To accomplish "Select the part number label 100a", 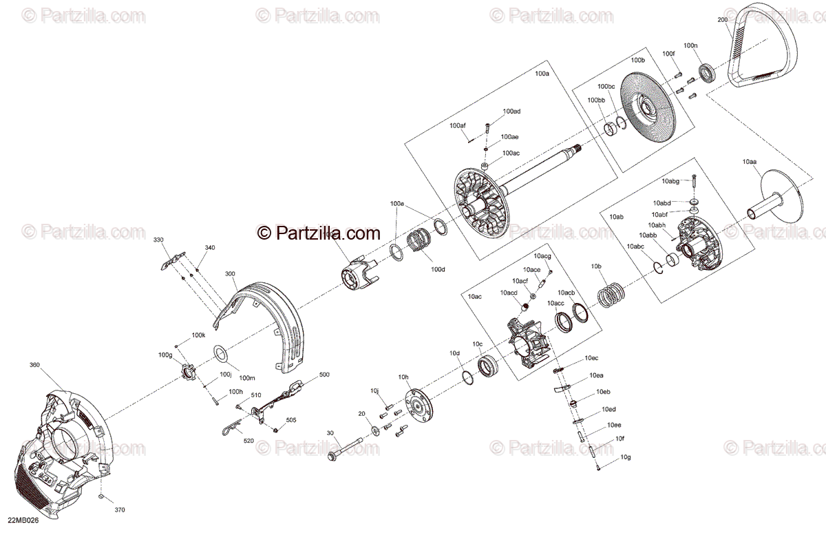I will (x=542, y=73).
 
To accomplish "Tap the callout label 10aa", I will (x=750, y=161).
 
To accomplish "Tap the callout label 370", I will (x=120, y=510).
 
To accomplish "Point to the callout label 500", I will (x=324, y=375).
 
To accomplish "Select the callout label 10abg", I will (x=670, y=181).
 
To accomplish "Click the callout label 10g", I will (x=625, y=457).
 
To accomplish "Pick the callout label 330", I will (x=158, y=240).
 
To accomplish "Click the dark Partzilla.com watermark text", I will (x=319, y=233).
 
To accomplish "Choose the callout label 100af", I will (x=458, y=125).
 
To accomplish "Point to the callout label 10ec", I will (x=591, y=358).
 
